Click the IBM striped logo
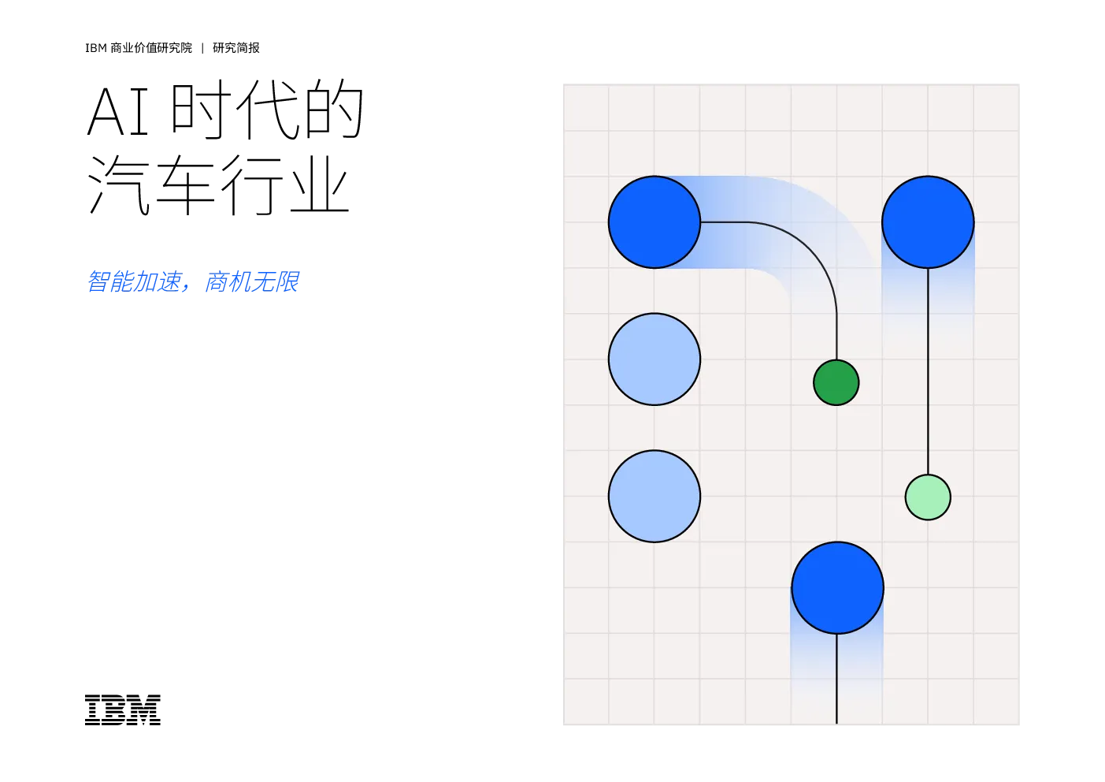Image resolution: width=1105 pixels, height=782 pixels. [123, 710]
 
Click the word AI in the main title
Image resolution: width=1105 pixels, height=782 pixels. [118, 112]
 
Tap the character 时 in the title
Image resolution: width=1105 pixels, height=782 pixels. [201, 109]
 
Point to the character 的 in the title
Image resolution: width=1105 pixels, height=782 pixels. [334, 109]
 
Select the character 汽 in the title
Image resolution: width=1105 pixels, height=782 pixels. [119, 184]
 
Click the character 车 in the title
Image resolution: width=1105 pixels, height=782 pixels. [186, 184]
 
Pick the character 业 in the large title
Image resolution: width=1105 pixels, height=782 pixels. [319, 185]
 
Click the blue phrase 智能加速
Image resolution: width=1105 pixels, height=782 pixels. [134, 281]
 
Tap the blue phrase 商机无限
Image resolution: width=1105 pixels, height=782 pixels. [251, 281]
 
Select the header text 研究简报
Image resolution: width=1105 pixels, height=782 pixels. [235, 48]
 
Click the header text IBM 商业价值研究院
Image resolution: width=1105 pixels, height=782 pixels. [139, 48]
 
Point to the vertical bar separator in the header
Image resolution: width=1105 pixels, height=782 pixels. [202, 48]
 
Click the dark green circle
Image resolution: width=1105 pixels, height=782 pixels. [836, 382]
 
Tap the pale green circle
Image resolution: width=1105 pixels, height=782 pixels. [928, 497]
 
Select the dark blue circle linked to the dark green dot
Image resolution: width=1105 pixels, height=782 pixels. [654, 222]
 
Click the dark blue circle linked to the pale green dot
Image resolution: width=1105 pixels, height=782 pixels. [928, 222]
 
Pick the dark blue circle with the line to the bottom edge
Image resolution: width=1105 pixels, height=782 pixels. [837, 587]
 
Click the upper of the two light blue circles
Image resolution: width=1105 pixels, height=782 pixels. [654, 359]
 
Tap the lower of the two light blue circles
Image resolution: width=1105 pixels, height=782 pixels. [654, 496]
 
